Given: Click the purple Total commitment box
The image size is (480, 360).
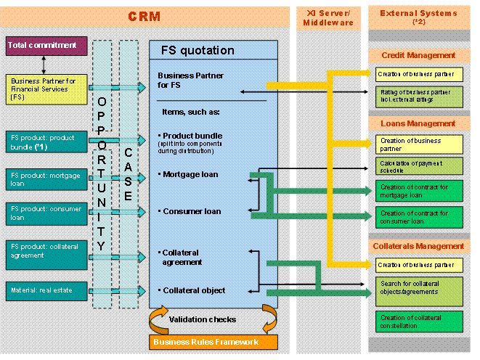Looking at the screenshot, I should [46, 46].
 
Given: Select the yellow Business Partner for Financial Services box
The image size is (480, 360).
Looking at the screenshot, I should [46, 88].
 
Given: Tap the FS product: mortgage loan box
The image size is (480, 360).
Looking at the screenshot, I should [46, 179].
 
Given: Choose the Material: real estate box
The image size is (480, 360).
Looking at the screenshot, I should [46, 290].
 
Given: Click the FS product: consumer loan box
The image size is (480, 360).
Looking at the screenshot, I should [46, 212].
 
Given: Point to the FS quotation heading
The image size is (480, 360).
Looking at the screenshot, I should [192, 51].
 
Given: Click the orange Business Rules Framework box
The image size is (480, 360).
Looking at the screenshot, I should [206, 341].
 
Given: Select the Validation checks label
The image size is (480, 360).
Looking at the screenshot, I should [203, 319].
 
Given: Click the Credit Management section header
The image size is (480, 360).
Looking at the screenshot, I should [418, 55].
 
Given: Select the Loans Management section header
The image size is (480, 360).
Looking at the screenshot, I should [418, 123].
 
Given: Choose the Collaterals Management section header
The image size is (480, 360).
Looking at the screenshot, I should [418, 246].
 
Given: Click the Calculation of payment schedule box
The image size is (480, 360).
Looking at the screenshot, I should [419, 165].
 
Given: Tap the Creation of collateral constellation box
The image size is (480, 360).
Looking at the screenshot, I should [419, 322].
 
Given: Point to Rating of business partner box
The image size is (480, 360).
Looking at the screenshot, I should [419, 95].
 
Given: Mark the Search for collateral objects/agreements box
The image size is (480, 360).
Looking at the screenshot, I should [419, 287].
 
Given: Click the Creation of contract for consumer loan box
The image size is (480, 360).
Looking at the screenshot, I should [419, 216].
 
